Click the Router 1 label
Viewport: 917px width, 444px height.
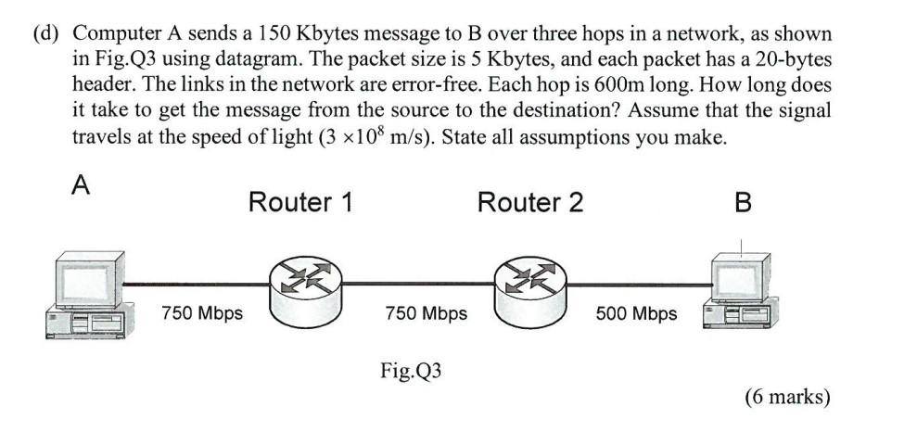[299, 202]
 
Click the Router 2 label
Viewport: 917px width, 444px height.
[529, 202]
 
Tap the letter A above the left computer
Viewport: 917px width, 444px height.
[82, 185]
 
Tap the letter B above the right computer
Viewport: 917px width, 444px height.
[742, 202]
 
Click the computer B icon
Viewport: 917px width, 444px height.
[739, 289]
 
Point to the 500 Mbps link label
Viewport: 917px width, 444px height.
[636, 313]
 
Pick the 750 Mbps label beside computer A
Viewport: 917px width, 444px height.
[202, 313]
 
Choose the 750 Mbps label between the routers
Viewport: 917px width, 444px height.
[426, 313]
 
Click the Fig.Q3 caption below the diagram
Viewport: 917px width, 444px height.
[411, 372]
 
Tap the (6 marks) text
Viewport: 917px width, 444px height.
[787, 397]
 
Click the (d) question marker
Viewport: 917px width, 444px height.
[47, 34]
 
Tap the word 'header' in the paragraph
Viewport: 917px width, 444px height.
[100, 84]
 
